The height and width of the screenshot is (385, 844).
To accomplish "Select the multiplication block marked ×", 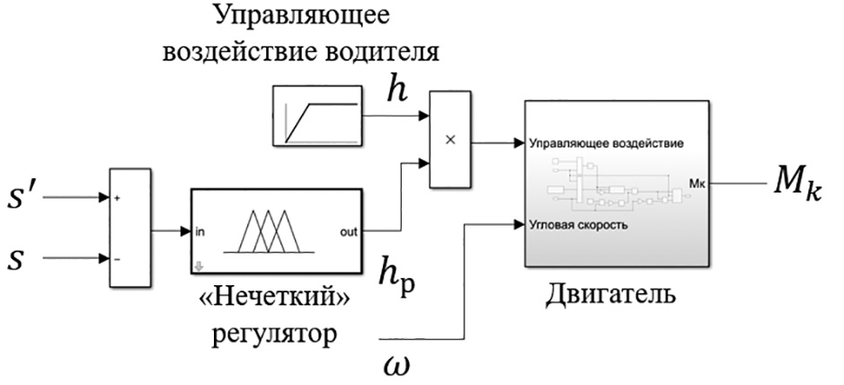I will [x=451, y=139].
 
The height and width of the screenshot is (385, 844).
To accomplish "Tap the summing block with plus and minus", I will [x=129, y=228].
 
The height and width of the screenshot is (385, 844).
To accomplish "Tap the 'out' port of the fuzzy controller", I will [x=345, y=231].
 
